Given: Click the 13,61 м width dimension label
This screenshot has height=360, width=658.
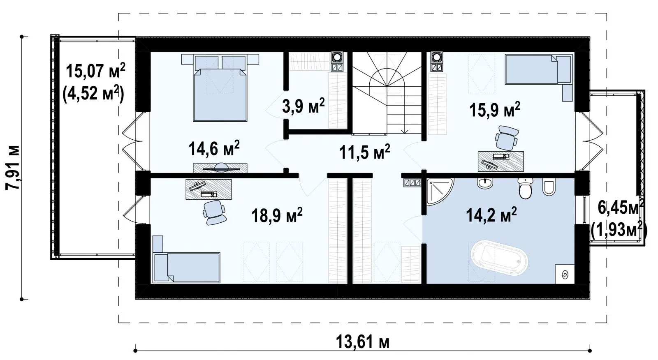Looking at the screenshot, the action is click(362, 342).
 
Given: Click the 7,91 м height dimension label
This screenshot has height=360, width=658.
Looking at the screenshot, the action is click(13, 168).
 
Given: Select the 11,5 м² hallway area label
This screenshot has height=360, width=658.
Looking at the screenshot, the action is click(364, 152).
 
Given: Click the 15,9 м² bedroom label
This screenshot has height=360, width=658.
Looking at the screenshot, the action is click(495, 110).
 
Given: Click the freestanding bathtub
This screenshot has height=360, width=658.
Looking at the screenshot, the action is click(499, 258).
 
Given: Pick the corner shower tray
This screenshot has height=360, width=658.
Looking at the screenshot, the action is click(439, 191).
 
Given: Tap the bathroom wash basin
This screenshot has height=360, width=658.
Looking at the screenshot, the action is click(485, 183).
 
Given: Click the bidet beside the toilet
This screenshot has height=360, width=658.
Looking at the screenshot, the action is click(549, 187).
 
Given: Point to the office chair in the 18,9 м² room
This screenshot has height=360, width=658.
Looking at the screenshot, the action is click(214, 212).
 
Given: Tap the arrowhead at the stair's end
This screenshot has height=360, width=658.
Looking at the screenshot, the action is click(405, 131).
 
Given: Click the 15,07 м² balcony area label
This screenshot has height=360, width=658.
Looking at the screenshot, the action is click(95, 71).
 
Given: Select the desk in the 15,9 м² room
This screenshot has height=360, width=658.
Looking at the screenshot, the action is click(501, 161).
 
